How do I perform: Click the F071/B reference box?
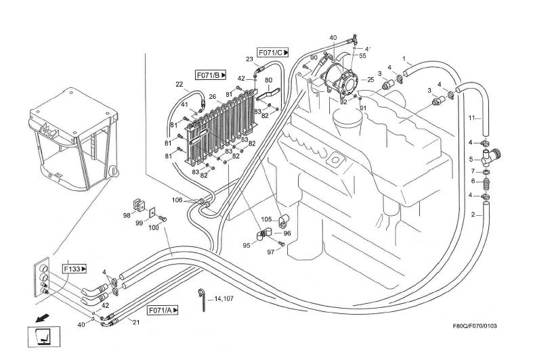click(x=210, y=74)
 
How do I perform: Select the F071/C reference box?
click(x=273, y=51)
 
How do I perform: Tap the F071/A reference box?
click(x=163, y=310)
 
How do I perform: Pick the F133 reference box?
click(x=75, y=269)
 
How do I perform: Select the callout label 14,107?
click(x=223, y=298)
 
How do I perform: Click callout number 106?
click(x=177, y=200)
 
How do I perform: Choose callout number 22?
click(x=179, y=85)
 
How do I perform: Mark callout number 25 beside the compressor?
click(x=370, y=80)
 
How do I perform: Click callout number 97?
click(x=270, y=252)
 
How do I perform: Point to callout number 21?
click(x=135, y=323)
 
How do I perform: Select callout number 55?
click(x=363, y=55)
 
